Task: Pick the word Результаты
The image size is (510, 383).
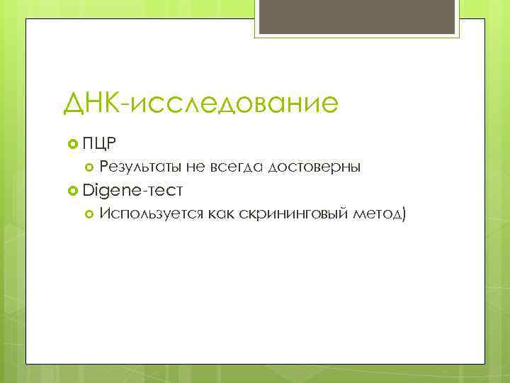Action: pos(141,167)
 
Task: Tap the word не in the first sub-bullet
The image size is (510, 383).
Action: pos(195,167)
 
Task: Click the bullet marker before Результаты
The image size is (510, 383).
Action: pos(89,167)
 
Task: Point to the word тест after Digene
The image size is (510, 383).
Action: pos(165,190)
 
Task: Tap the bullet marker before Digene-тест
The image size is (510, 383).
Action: pos(72,190)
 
